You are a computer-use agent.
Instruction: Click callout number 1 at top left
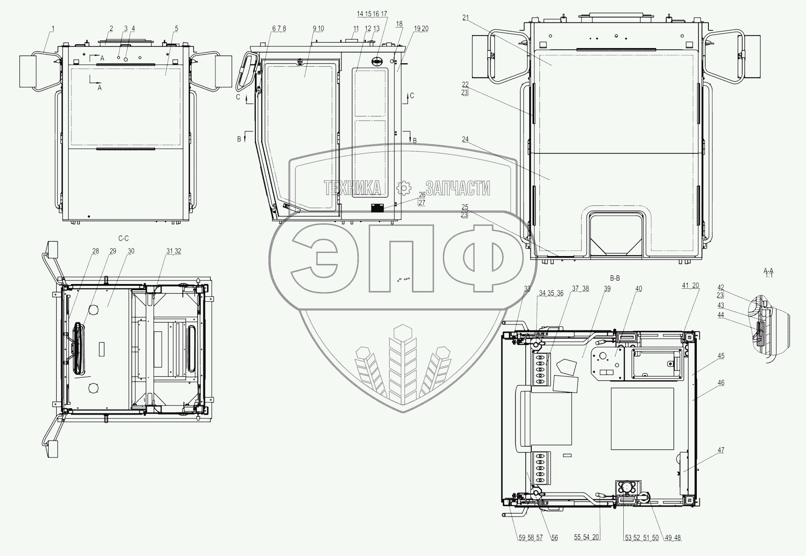[x=53, y=28]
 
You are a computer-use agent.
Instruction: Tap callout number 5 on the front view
[x=176, y=28]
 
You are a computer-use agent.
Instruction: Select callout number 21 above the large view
[x=466, y=17]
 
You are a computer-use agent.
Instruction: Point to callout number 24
[x=466, y=139]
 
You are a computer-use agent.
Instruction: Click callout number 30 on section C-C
[x=131, y=251]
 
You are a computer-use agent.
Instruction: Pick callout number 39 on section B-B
[x=607, y=289]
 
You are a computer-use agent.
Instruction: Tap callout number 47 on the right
[x=721, y=450]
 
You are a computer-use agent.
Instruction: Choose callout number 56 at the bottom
[x=555, y=538]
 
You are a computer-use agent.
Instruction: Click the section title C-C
[x=123, y=238]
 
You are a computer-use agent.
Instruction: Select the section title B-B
[x=615, y=278]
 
